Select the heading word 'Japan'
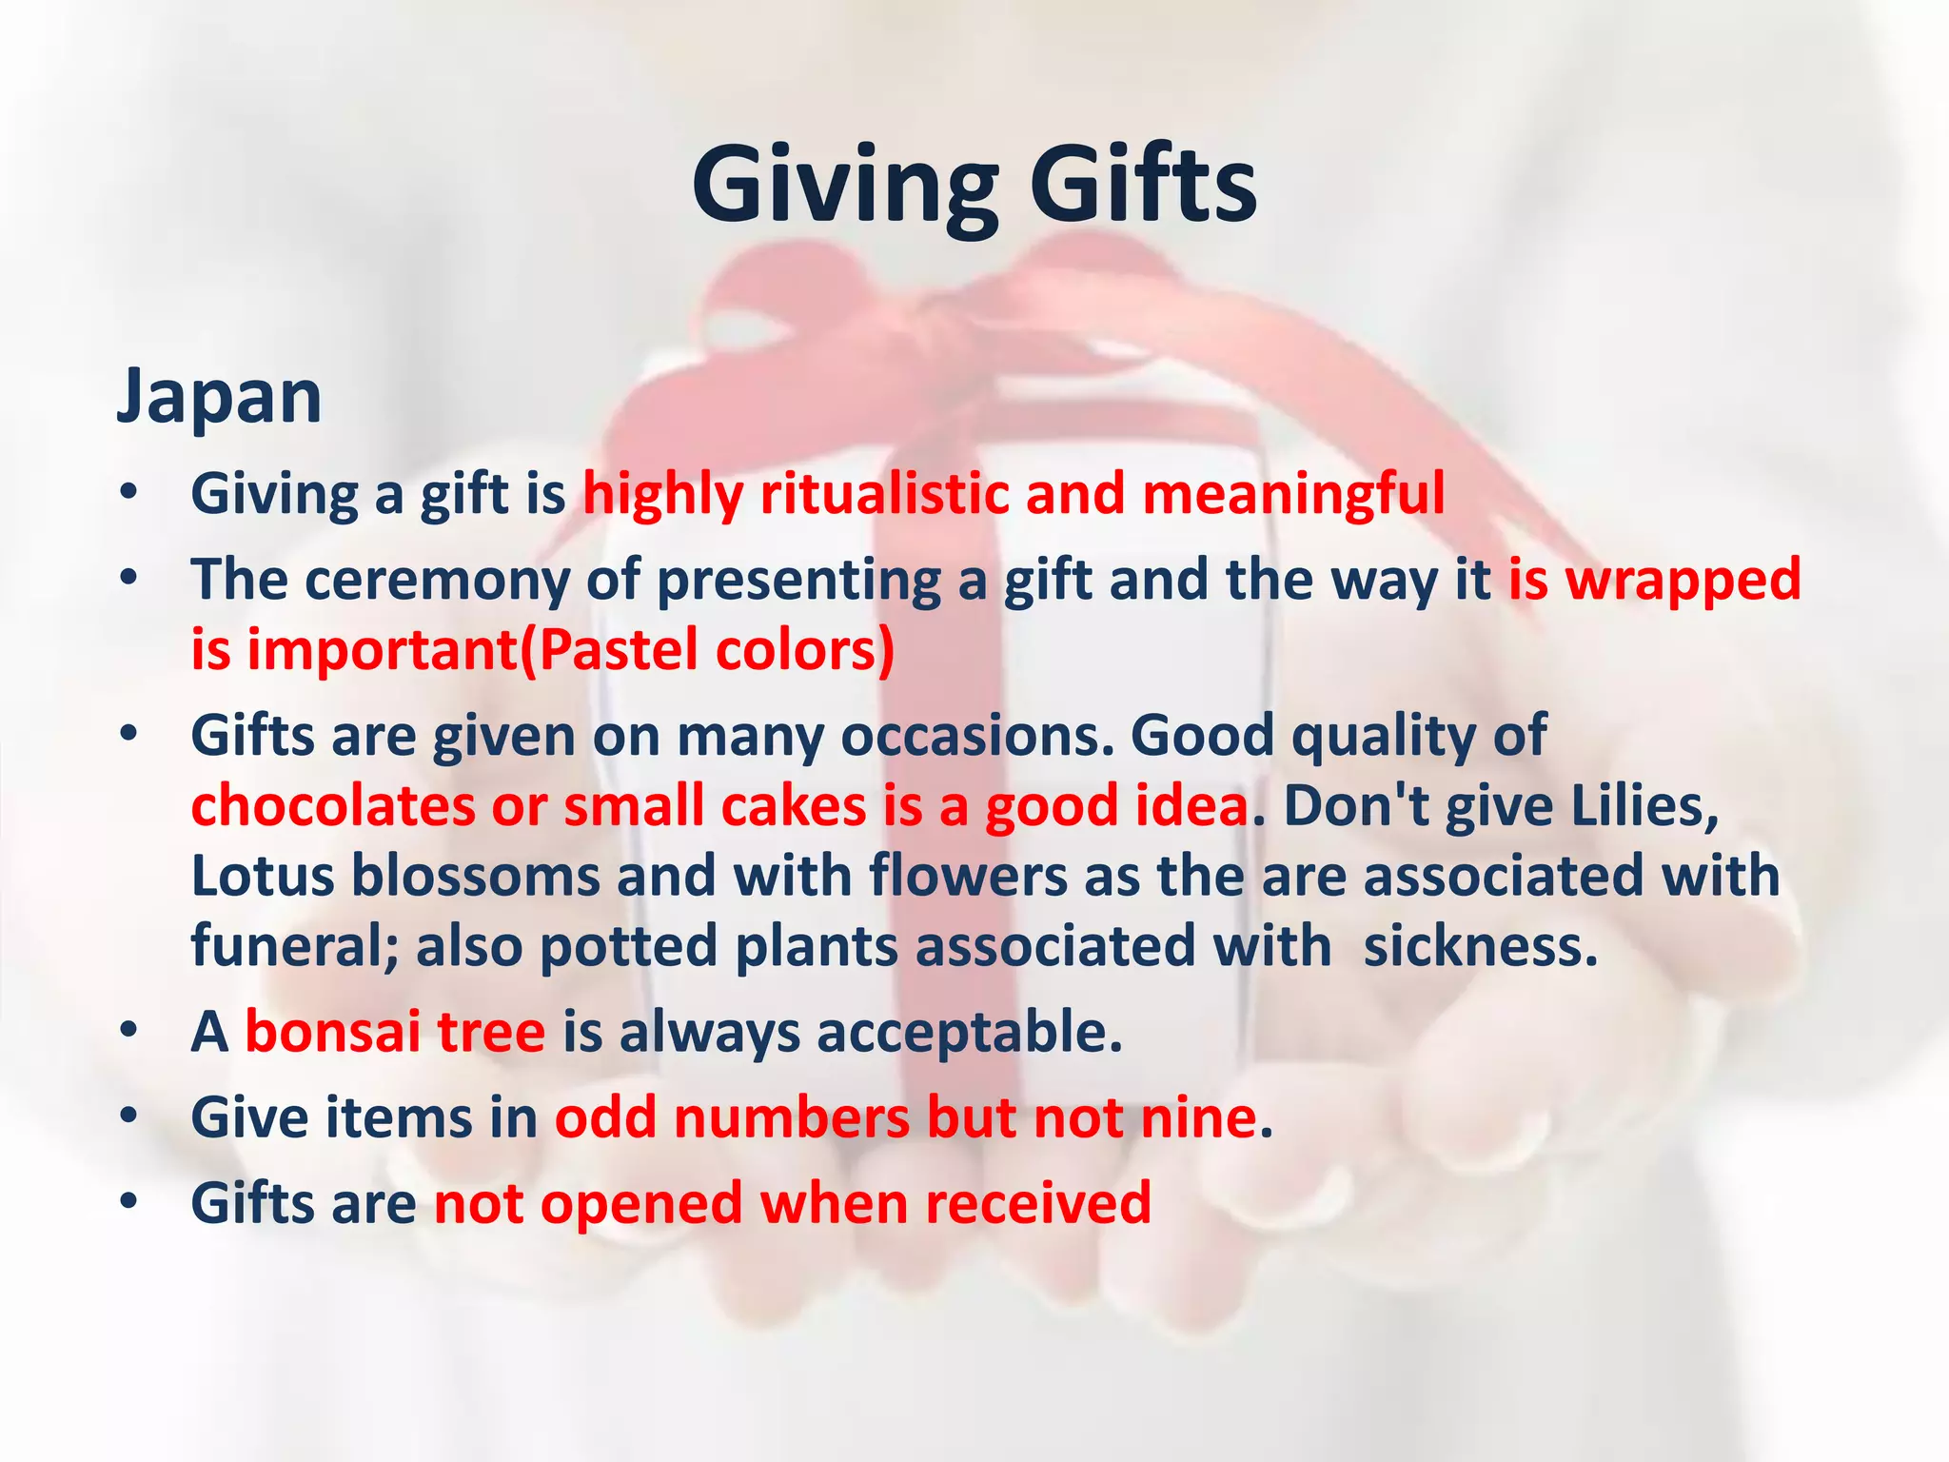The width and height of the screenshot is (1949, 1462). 219,396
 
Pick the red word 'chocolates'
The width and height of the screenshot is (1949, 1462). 333,806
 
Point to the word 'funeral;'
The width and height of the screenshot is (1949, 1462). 295,946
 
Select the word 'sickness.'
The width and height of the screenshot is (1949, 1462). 1481,946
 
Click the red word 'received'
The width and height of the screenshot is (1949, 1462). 1038,1203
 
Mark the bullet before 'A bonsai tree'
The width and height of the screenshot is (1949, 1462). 130,1033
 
